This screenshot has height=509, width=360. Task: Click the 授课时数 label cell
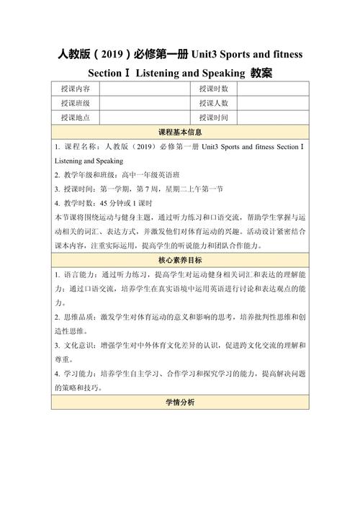(214, 89)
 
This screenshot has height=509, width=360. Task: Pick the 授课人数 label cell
(214, 103)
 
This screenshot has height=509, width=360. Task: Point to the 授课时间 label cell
(214, 117)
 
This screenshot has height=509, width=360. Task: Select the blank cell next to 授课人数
(274, 103)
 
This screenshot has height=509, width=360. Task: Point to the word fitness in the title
(286, 55)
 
